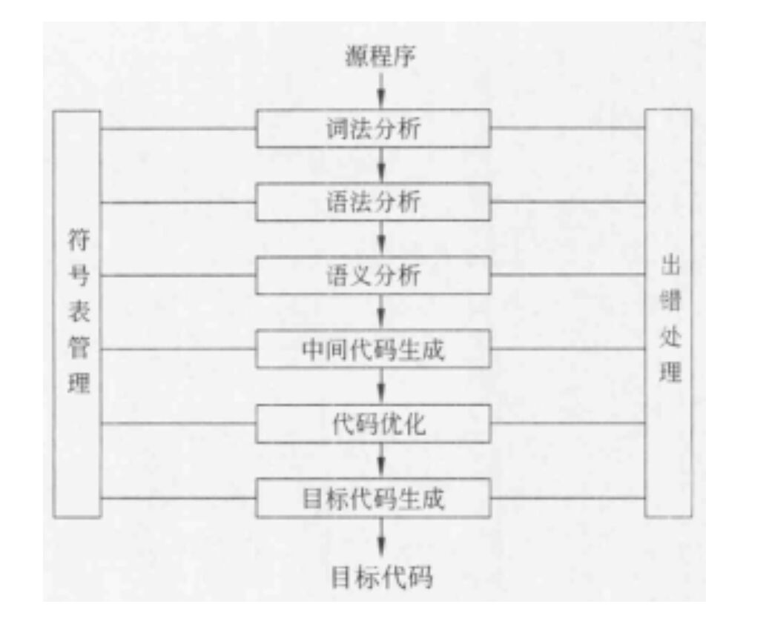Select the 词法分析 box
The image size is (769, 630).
point(373,128)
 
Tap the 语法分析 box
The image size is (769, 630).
point(373,202)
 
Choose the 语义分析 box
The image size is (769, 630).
point(373,275)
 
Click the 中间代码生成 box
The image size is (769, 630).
point(373,348)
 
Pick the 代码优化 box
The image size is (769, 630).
point(373,423)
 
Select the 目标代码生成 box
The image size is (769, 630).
point(373,498)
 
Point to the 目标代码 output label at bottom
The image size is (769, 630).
point(381,577)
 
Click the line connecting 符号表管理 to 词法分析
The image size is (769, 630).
point(178,128)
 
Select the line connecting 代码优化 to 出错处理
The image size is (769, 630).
point(567,423)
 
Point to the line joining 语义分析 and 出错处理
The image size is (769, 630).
point(567,275)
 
